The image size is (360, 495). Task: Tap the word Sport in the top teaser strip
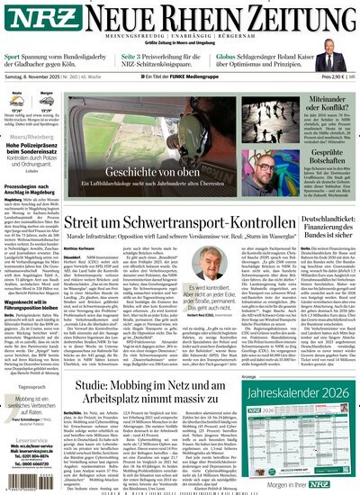point(14,57)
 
